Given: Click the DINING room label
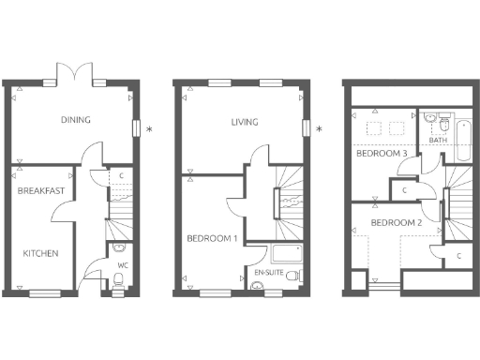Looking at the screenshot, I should click(76, 120).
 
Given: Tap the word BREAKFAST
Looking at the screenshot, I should click(41, 191).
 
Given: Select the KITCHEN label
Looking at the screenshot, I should click(41, 253).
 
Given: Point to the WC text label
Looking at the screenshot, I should click(122, 265).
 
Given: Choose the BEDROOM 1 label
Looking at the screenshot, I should click(210, 237).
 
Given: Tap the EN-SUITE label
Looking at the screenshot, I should click(270, 272).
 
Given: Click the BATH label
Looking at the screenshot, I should click(439, 141).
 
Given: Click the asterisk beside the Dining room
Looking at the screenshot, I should click(149, 128).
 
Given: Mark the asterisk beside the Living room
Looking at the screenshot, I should click(319, 128).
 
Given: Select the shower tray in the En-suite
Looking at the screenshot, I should click(283, 253).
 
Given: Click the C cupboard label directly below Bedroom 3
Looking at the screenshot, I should click(402, 189).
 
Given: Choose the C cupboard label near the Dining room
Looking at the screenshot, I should click(122, 175).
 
